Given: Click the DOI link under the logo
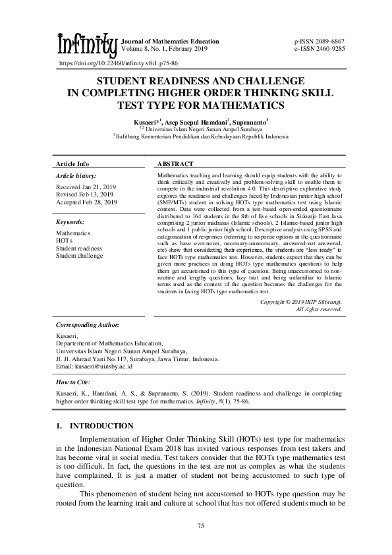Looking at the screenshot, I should tap(119, 64).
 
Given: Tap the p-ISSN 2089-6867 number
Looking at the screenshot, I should tap(319, 42).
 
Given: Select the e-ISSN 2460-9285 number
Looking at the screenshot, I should tap(319, 49).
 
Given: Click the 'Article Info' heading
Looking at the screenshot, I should tap(72, 163).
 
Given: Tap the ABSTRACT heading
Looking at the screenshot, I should tap(175, 163).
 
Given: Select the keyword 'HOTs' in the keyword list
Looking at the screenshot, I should tap(65, 241).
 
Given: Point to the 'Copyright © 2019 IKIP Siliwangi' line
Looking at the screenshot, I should tap(300, 301).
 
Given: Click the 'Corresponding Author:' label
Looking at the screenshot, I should tap(88, 325).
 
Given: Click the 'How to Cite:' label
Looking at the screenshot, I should tap(73, 382).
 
